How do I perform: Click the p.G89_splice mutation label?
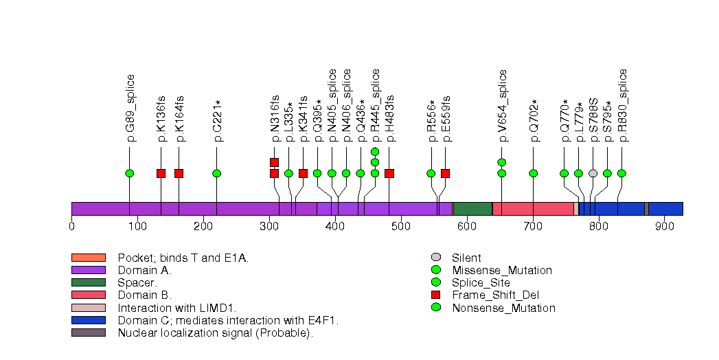pos(130,108)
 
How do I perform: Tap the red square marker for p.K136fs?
pos(161,173)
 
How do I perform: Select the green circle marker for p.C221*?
pos(216,173)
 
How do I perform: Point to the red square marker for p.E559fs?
pos(445,173)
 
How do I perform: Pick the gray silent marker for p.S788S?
pos(593,173)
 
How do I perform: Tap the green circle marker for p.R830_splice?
pos(621,173)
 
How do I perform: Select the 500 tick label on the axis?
pos(401,226)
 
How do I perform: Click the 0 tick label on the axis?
pos(71,226)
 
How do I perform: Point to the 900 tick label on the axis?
pos(665,226)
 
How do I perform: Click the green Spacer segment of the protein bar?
pos(472,209)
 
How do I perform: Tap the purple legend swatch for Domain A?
pos(88,270)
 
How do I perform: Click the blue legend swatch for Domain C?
pos(88,320)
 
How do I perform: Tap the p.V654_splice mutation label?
pos(502,106)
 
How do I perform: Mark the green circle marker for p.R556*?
pos(431,173)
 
